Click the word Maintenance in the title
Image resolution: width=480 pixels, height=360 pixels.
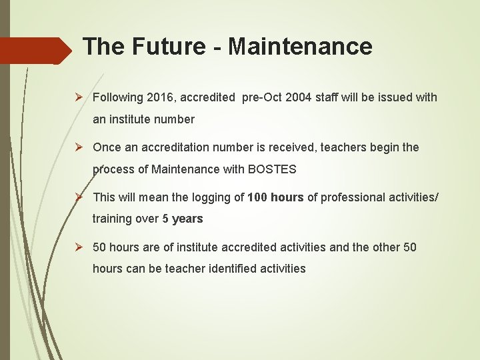[x=300, y=47]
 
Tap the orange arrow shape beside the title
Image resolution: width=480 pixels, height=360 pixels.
[x=37, y=50]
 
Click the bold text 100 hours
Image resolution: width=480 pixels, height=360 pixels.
[x=275, y=197]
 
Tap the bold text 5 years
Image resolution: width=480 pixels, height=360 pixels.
[x=183, y=219]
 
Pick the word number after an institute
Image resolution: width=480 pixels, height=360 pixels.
[x=172, y=119]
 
